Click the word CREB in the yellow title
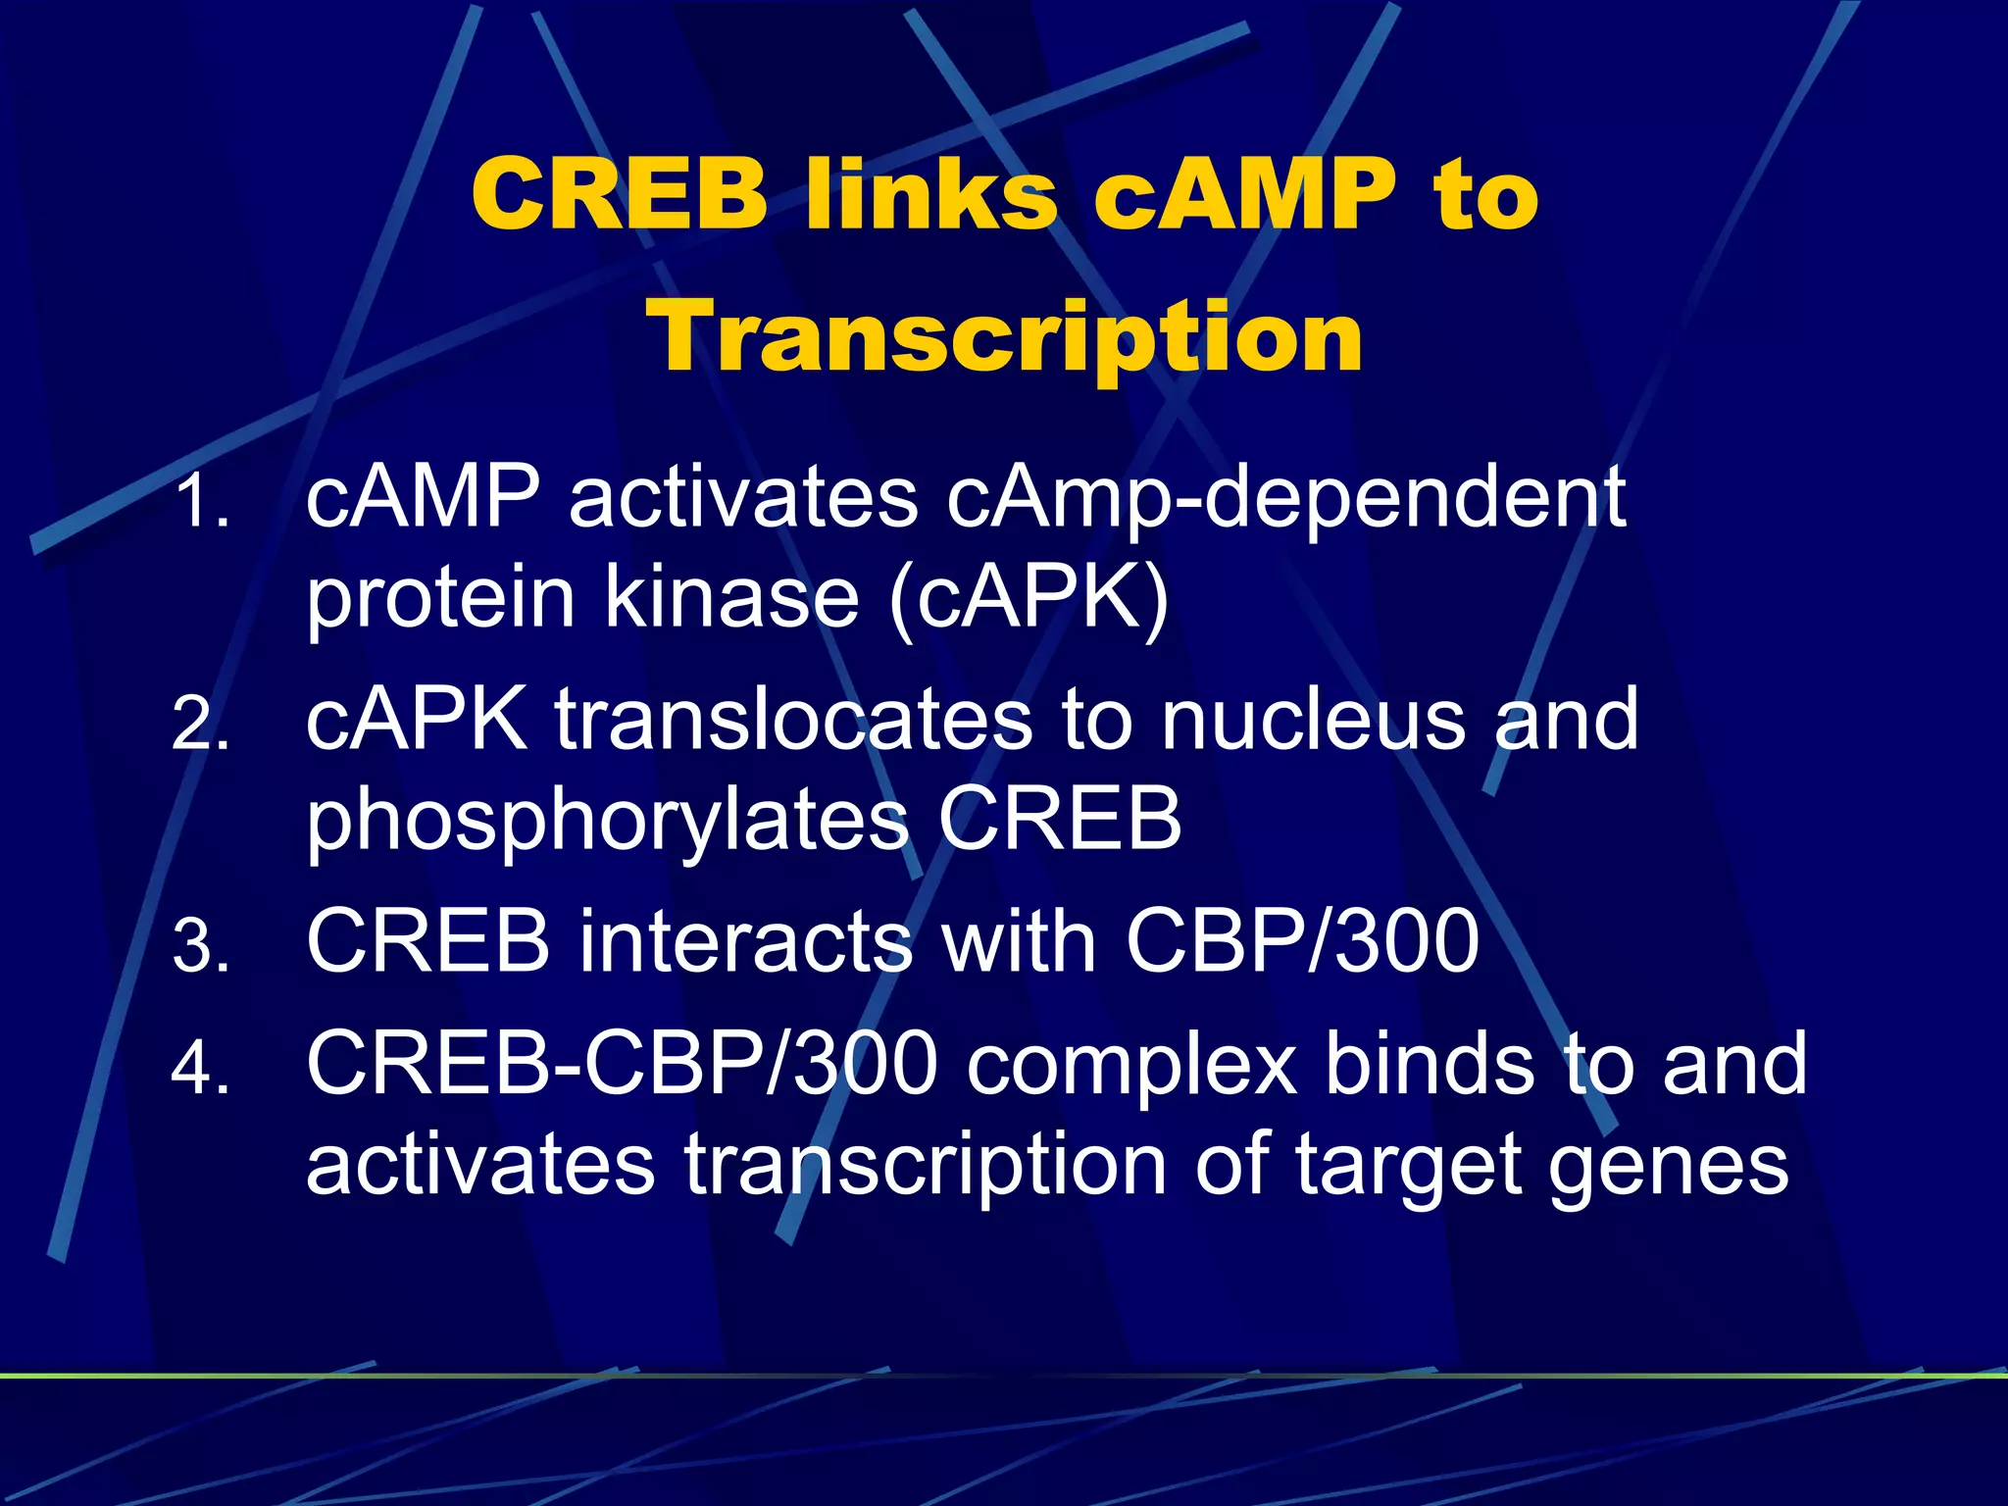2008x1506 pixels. pos(619,194)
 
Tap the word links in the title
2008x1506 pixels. pos(930,194)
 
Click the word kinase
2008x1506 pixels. pos(731,598)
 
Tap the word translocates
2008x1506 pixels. pos(794,721)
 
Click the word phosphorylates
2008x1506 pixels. pos(608,822)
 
